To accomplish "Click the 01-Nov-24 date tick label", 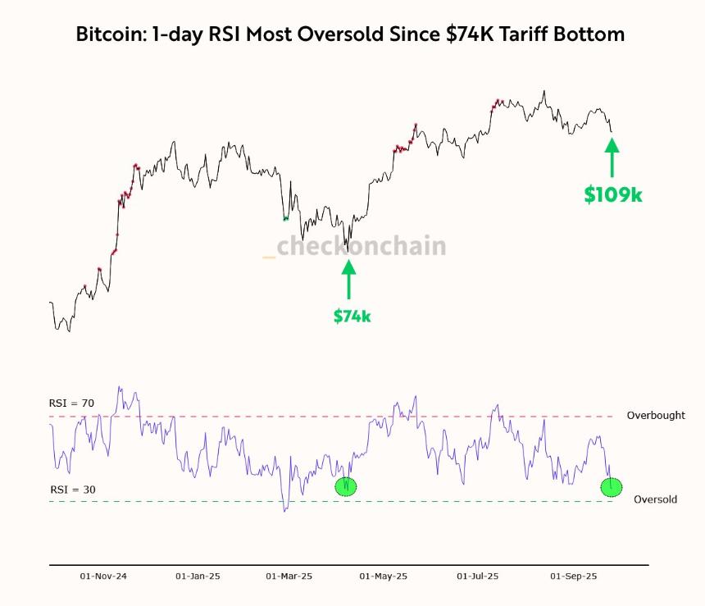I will (103, 576).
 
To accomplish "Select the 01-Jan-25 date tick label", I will (198, 576).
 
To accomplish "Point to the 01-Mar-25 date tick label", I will (289, 576).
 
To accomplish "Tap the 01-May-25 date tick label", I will (384, 576).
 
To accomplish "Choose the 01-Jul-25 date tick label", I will (477, 576).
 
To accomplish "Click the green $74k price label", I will (352, 316).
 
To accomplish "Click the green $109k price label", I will (612, 194).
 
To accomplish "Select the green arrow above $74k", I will (348, 280).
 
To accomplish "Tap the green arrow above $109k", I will (612, 157).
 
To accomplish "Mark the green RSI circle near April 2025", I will (347, 485).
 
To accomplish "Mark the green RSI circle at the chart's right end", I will (612, 486).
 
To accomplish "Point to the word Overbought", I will (656, 416).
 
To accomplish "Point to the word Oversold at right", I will (656, 499).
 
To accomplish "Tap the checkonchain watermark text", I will (361, 246).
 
